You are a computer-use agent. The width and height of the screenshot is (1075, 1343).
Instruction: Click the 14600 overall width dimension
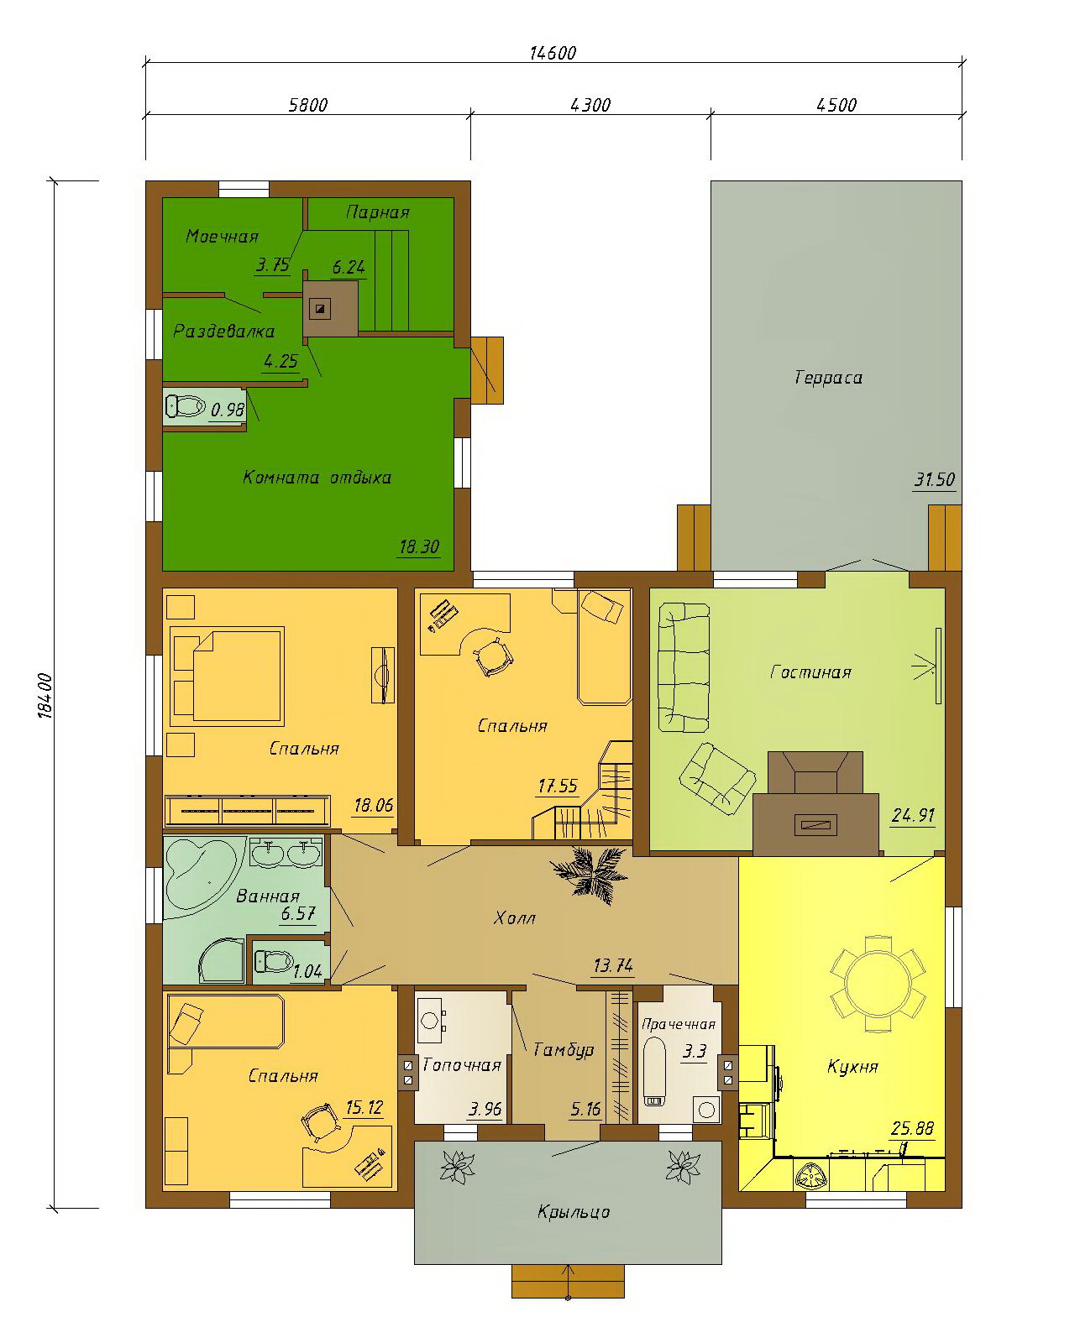coord(552,54)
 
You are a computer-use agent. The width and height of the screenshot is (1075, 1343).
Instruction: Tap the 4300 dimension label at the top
coord(590,105)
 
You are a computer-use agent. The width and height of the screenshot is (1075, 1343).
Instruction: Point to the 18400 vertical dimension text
coord(45,695)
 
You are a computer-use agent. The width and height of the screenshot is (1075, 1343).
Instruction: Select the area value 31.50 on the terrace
coord(935,479)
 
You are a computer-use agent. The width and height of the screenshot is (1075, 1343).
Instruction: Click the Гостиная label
coord(810,672)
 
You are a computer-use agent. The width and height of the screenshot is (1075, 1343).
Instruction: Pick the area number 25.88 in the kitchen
coord(913,1127)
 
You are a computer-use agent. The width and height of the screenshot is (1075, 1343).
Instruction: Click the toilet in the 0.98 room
coord(185,407)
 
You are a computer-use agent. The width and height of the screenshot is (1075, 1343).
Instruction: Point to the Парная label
coord(377,213)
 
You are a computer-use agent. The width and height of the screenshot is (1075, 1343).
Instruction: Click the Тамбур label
coord(563,1050)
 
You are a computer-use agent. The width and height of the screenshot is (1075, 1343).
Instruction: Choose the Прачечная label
coord(679,1024)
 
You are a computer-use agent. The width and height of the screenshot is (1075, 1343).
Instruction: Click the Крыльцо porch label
coord(573,1212)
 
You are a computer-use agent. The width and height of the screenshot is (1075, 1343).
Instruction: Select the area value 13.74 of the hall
coord(613,965)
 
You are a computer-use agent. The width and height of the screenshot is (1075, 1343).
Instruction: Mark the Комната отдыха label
coord(317,478)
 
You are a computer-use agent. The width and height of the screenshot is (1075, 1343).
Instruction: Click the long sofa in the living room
coord(684,666)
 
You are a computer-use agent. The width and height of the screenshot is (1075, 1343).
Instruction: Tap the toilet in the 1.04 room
coord(274,961)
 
